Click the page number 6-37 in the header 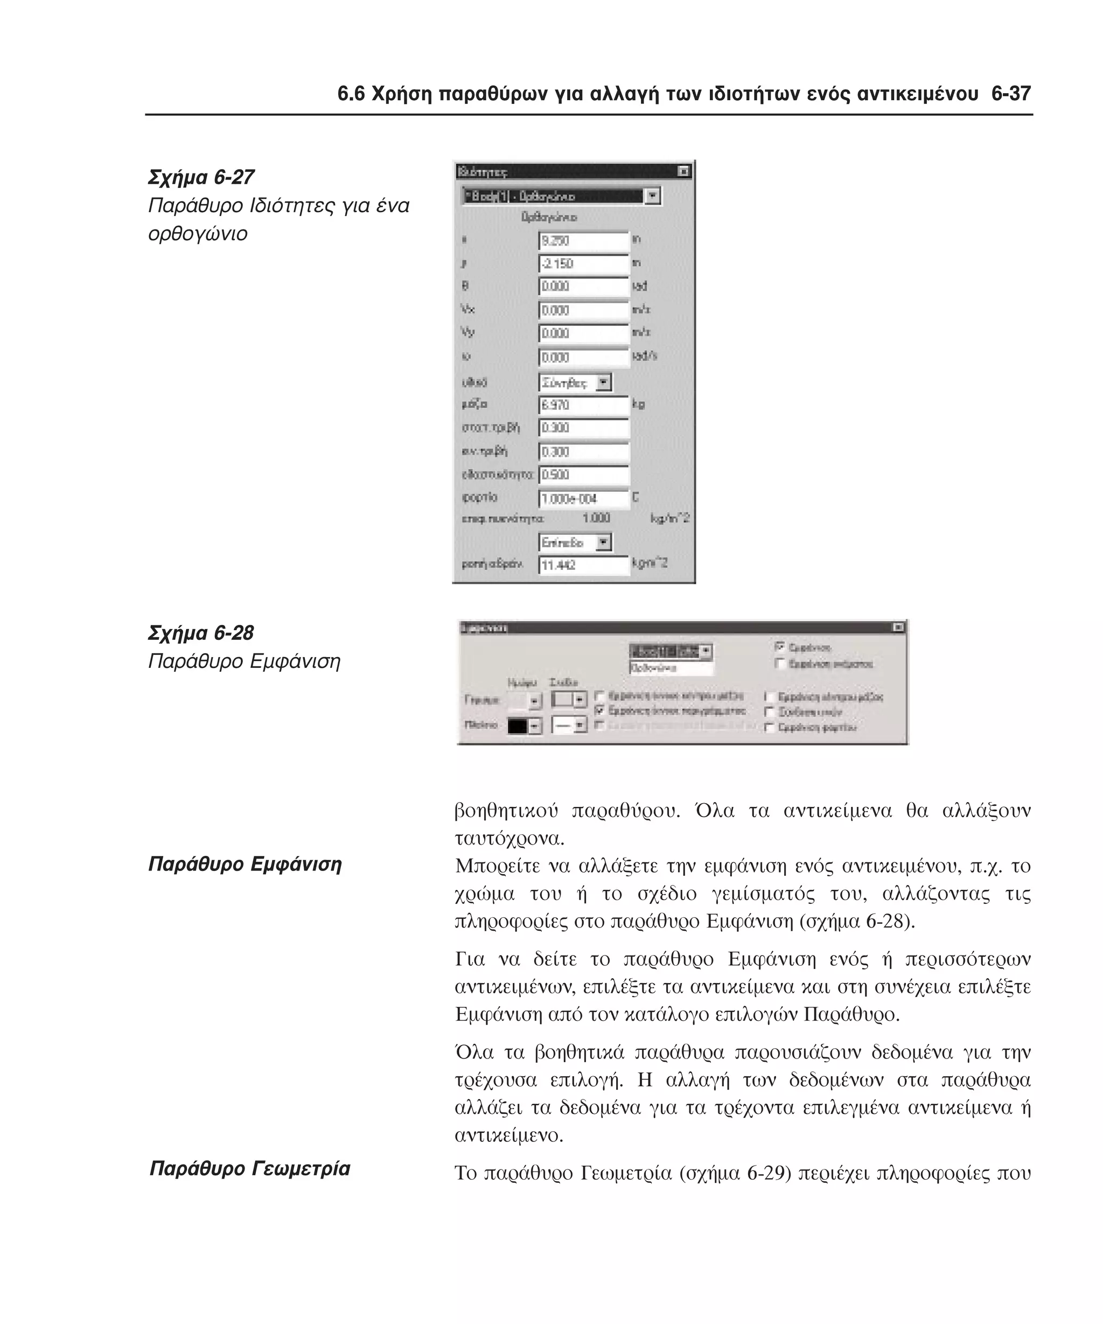pos(1010,94)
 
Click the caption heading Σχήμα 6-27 pos(200,177)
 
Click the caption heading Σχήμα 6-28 pos(200,632)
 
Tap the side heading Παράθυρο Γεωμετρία pos(249,1168)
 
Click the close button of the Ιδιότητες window pos(683,171)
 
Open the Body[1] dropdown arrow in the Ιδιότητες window pos(653,196)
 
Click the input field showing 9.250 pos(583,241)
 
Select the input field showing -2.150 pos(583,263)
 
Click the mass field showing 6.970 pos(583,405)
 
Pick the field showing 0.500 pos(583,475)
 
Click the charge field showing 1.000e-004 pos(583,499)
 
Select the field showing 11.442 pos(583,565)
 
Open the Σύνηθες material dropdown pos(604,382)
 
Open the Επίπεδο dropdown pos(604,542)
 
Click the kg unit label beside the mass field pos(638,404)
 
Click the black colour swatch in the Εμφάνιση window pos(518,726)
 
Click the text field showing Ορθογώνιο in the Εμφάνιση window pos(670,668)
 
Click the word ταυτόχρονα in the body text pos(508,839)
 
